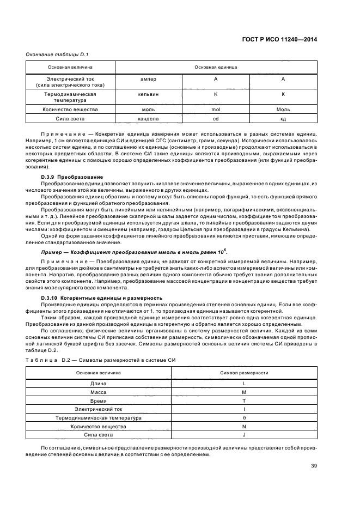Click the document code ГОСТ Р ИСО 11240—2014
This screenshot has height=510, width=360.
280,39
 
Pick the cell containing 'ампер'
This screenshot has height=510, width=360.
148,80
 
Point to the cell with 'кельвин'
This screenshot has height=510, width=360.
148,94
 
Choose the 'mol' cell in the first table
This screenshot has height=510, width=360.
215,109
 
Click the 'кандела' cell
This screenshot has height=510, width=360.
148,118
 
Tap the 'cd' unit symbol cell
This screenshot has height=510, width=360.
215,118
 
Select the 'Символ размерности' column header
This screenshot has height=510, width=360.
244,372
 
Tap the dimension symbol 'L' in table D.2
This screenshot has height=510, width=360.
244,384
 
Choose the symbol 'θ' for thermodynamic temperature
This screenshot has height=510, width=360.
244,418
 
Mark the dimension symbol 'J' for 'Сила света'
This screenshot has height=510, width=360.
244,435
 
